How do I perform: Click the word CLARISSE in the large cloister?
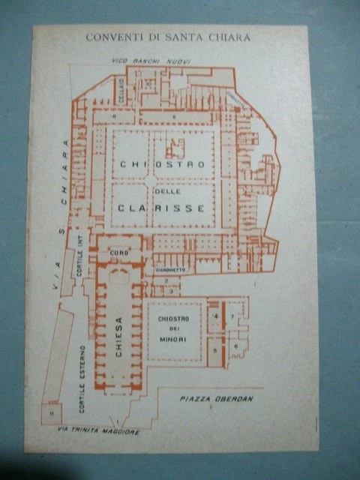click(160, 208)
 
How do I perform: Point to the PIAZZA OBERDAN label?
click(216, 399)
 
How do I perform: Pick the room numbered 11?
click(52, 412)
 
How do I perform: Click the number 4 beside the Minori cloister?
click(215, 317)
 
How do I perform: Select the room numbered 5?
click(215, 350)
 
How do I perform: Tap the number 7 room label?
click(233, 317)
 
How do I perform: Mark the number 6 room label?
click(235, 346)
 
